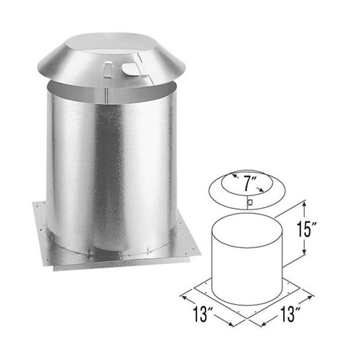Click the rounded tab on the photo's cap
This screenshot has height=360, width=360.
point(131,67)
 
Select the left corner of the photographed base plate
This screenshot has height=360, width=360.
point(32,200)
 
